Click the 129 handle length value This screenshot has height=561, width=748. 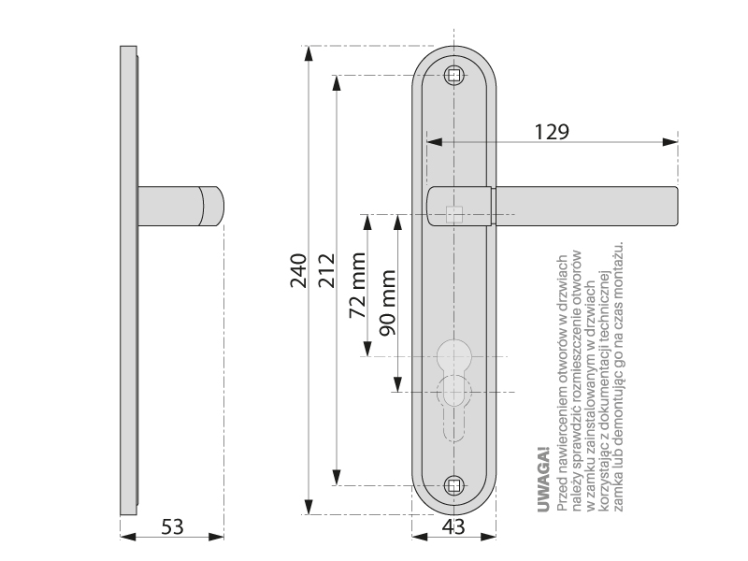point(552,130)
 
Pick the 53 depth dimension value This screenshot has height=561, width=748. point(172,525)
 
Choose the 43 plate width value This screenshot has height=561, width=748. point(453,526)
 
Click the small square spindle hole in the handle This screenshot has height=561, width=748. point(454,214)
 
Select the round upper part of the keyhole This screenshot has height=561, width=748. point(453,355)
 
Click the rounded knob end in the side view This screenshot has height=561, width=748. point(214,206)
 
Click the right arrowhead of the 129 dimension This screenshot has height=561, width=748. point(670,143)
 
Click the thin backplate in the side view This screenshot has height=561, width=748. point(128,280)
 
